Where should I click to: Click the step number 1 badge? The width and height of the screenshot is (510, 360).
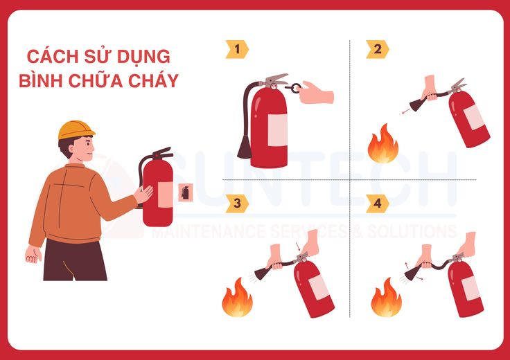tap(237, 49)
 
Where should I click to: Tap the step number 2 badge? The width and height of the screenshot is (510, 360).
tap(377, 49)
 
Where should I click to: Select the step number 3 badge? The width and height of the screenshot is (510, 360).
tap(237, 204)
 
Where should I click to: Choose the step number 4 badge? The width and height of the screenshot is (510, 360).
tap(377, 204)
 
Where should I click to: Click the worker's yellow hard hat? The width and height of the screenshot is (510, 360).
tap(76, 129)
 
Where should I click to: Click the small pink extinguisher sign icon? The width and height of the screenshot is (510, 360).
tap(186, 192)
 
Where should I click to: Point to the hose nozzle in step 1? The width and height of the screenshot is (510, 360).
tap(245, 147)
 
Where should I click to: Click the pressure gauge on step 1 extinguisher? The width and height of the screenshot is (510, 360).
tap(274, 87)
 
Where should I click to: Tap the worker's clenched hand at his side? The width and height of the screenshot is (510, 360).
tap(33, 254)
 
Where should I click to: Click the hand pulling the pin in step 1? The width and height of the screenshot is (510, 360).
tap(315, 93)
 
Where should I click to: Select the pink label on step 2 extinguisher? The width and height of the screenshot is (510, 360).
tap(474, 117)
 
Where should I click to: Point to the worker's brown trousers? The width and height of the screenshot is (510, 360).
tap(75, 260)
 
